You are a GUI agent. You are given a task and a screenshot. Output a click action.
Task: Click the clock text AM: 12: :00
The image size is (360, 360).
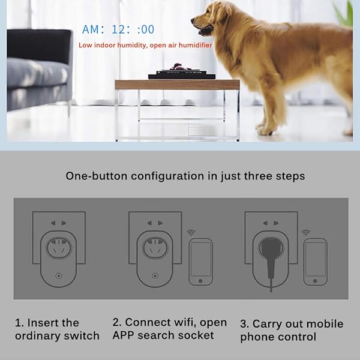(x=118, y=29)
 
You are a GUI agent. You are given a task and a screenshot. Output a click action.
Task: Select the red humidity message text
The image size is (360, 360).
(x=145, y=45)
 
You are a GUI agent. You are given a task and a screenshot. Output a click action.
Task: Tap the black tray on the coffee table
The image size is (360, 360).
(x=177, y=74)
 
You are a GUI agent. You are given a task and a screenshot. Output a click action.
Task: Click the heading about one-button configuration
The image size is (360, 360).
(x=185, y=176)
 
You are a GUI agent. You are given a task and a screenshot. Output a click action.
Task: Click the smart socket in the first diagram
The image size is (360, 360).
(x=58, y=255)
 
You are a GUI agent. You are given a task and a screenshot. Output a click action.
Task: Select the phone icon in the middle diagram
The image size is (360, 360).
(x=200, y=262)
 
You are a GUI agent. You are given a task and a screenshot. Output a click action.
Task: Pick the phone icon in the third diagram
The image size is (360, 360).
(x=315, y=262)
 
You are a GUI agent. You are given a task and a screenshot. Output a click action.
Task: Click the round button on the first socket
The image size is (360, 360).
(x=58, y=278)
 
